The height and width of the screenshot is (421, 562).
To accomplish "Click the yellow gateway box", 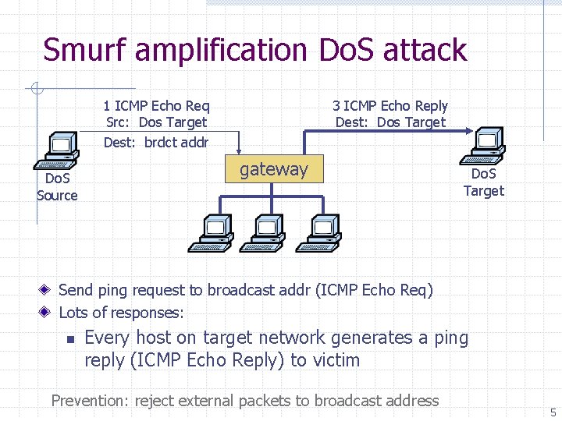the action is coord(274,169).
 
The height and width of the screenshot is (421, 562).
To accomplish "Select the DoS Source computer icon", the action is coord(57,150).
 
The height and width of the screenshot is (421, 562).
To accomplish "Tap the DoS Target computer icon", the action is coord(482,146).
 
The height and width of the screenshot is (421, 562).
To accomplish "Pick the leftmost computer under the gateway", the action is coord(211,233).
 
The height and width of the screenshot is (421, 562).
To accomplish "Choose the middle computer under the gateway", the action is coord(262,233).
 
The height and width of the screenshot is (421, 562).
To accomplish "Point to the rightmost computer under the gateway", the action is coord(318,233).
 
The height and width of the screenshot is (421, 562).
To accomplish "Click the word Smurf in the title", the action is coord(84,49).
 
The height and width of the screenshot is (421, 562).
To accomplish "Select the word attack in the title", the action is coord(425,49).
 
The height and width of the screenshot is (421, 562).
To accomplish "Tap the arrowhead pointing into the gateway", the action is coord(239,152).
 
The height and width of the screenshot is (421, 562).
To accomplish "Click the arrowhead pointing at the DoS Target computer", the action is coord(469,131).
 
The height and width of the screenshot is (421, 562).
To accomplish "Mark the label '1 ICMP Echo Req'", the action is coord(157,106).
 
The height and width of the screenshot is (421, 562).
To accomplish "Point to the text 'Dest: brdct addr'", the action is coord(156,143).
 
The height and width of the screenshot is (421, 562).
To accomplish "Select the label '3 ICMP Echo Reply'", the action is coord(390,106).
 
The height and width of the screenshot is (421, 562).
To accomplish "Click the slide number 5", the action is coord(553,412).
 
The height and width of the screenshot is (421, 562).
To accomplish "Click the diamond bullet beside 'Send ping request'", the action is coord(44,289).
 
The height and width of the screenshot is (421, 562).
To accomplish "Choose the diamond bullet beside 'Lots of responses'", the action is coord(44,312).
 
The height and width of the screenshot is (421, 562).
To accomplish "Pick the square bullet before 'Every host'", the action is coord(71,339).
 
